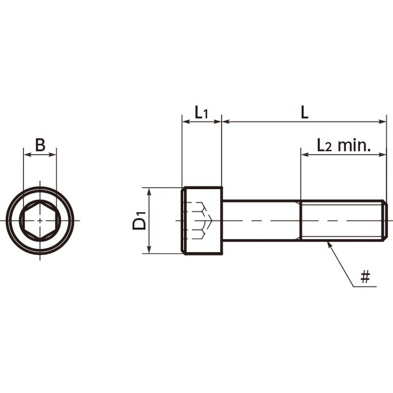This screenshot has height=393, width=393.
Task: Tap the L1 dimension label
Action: point(201,112)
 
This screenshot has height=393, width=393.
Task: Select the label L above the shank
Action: point(304,112)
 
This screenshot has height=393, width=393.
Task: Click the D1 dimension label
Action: point(140,220)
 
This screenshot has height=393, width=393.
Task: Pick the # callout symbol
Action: point(365,277)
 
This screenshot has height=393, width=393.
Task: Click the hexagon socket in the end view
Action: point(40,221)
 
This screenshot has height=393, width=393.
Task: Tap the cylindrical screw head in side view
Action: point(202,221)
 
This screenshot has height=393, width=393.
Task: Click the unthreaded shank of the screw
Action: point(261,221)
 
